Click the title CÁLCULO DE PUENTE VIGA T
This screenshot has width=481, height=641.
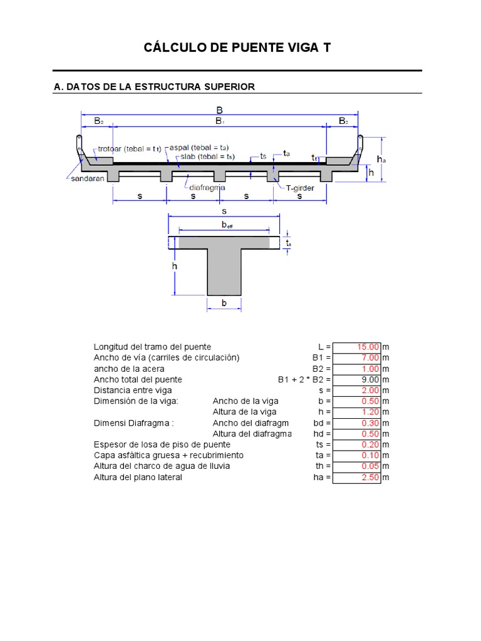(x=237, y=48)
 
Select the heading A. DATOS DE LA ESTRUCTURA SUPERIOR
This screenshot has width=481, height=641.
(x=155, y=87)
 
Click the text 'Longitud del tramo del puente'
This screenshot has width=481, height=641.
(x=152, y=347)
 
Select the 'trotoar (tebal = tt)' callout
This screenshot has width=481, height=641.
(x=129, y=149)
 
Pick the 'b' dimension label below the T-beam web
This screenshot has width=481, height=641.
(x=224, y=304)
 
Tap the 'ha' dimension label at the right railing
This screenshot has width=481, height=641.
(x=381, y=160)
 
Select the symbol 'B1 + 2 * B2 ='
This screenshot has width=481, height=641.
(x=304, y=379)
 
